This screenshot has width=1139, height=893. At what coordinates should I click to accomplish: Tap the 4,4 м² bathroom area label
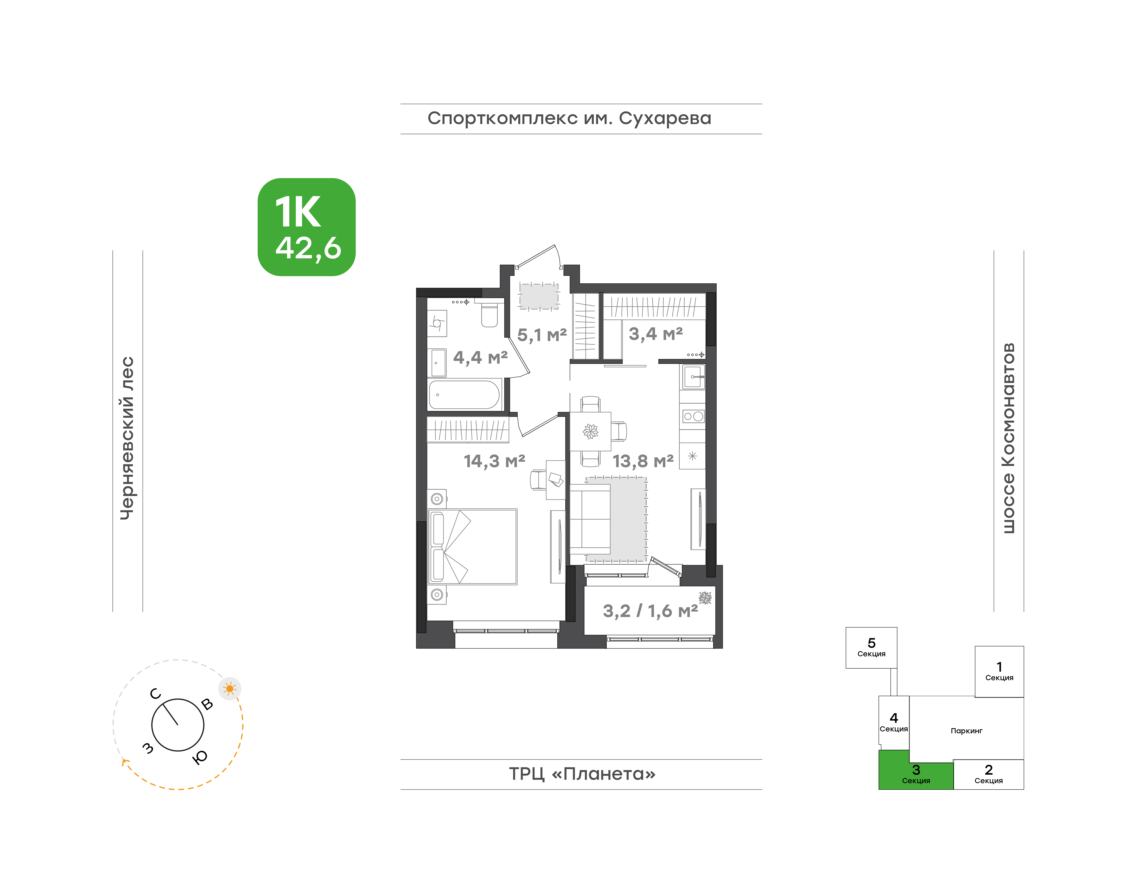pyautogui.click(x=480, y=358)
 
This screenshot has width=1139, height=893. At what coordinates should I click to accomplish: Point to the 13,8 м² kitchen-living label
pyautogui.click(x=643, y=461)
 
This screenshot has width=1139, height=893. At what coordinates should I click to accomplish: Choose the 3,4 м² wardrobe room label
pyautogui.click(x=655, y=334)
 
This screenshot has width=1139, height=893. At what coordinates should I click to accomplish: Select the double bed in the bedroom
pyautogui.click(x=472, y=546)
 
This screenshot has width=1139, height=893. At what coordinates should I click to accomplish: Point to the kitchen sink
pyautogui.click(x=693, y=377)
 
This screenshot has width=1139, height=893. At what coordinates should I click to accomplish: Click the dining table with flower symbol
pyautogui.click(x=590, y=431)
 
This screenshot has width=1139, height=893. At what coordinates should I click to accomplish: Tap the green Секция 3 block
pyautogui.click(x=916, y=773)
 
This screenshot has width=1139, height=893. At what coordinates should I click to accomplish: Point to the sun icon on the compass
pyautogui.click(x=229, y=689)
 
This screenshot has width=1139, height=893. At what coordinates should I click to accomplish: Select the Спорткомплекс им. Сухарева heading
pyautogui.click(x=569, y=119)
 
